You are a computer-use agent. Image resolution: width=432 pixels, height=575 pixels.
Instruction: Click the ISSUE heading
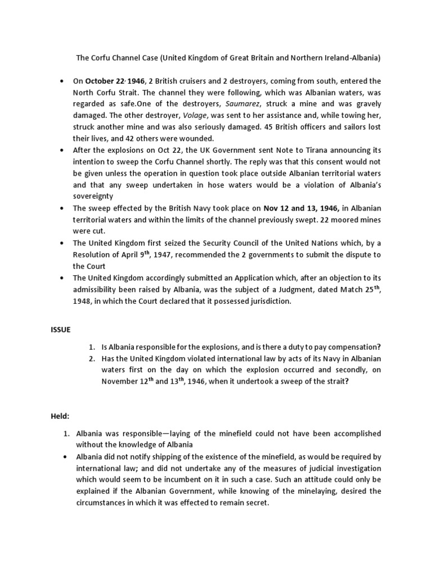click(61, 330)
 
